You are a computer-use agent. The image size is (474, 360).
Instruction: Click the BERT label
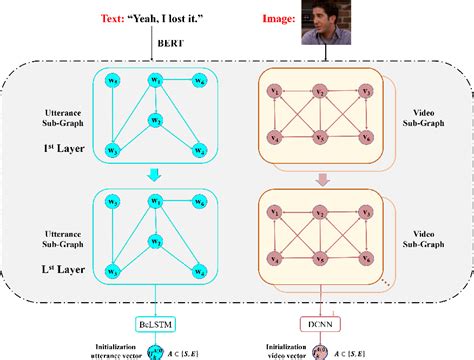pos(169,44)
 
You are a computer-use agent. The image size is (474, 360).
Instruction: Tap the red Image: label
pos(272,18)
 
